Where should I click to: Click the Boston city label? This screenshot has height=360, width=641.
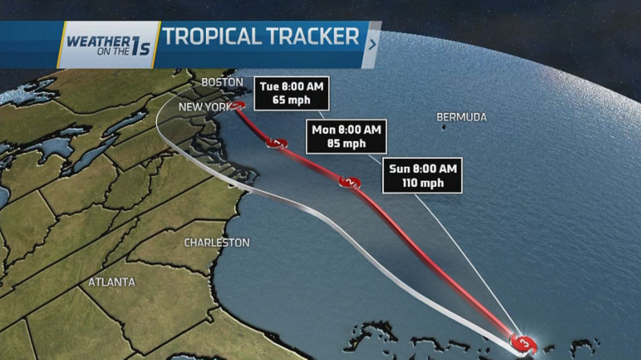point(221,83)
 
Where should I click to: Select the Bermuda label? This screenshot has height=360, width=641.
point(462,117)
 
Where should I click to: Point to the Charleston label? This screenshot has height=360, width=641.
point(216,242)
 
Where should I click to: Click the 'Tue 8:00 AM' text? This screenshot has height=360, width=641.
point(293,87)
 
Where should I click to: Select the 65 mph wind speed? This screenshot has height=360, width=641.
point(293,101)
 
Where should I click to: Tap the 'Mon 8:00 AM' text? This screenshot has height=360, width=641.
point(348,130)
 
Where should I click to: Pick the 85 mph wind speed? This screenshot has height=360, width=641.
point(348,144)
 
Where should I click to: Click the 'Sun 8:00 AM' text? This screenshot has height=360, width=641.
point(423,168)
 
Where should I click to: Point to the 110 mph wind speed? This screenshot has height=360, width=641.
point(423,183)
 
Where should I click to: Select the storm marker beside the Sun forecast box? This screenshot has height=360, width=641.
point(352,183)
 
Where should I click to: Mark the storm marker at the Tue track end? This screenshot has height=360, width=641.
point(238,106)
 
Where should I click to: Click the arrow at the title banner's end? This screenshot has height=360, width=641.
point(372,44)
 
